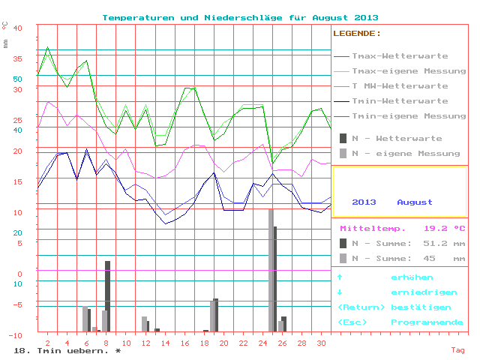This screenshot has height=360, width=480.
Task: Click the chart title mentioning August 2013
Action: click(240, 17)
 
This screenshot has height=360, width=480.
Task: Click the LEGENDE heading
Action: click(357, 34)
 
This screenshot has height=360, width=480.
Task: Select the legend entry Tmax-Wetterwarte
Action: click(400, 56)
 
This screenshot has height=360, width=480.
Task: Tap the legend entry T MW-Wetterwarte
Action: click(400, 86)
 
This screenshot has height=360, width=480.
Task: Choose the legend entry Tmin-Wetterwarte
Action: click(400, 101)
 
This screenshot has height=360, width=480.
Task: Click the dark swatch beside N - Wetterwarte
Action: click(343, 139)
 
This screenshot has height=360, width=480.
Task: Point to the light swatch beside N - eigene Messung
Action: click(343, 154)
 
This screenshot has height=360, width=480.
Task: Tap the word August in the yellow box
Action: click(415, 202)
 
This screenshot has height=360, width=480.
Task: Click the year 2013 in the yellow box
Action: click(364, 202)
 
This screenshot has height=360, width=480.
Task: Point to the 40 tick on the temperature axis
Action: click(19, 28)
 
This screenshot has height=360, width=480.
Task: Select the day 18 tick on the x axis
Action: click(204, 343)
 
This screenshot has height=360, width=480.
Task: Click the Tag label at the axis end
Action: click(457, 349)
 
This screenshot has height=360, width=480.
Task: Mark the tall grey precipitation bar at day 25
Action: click(271, 270)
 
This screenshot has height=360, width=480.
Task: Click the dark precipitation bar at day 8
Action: click(108, 295)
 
